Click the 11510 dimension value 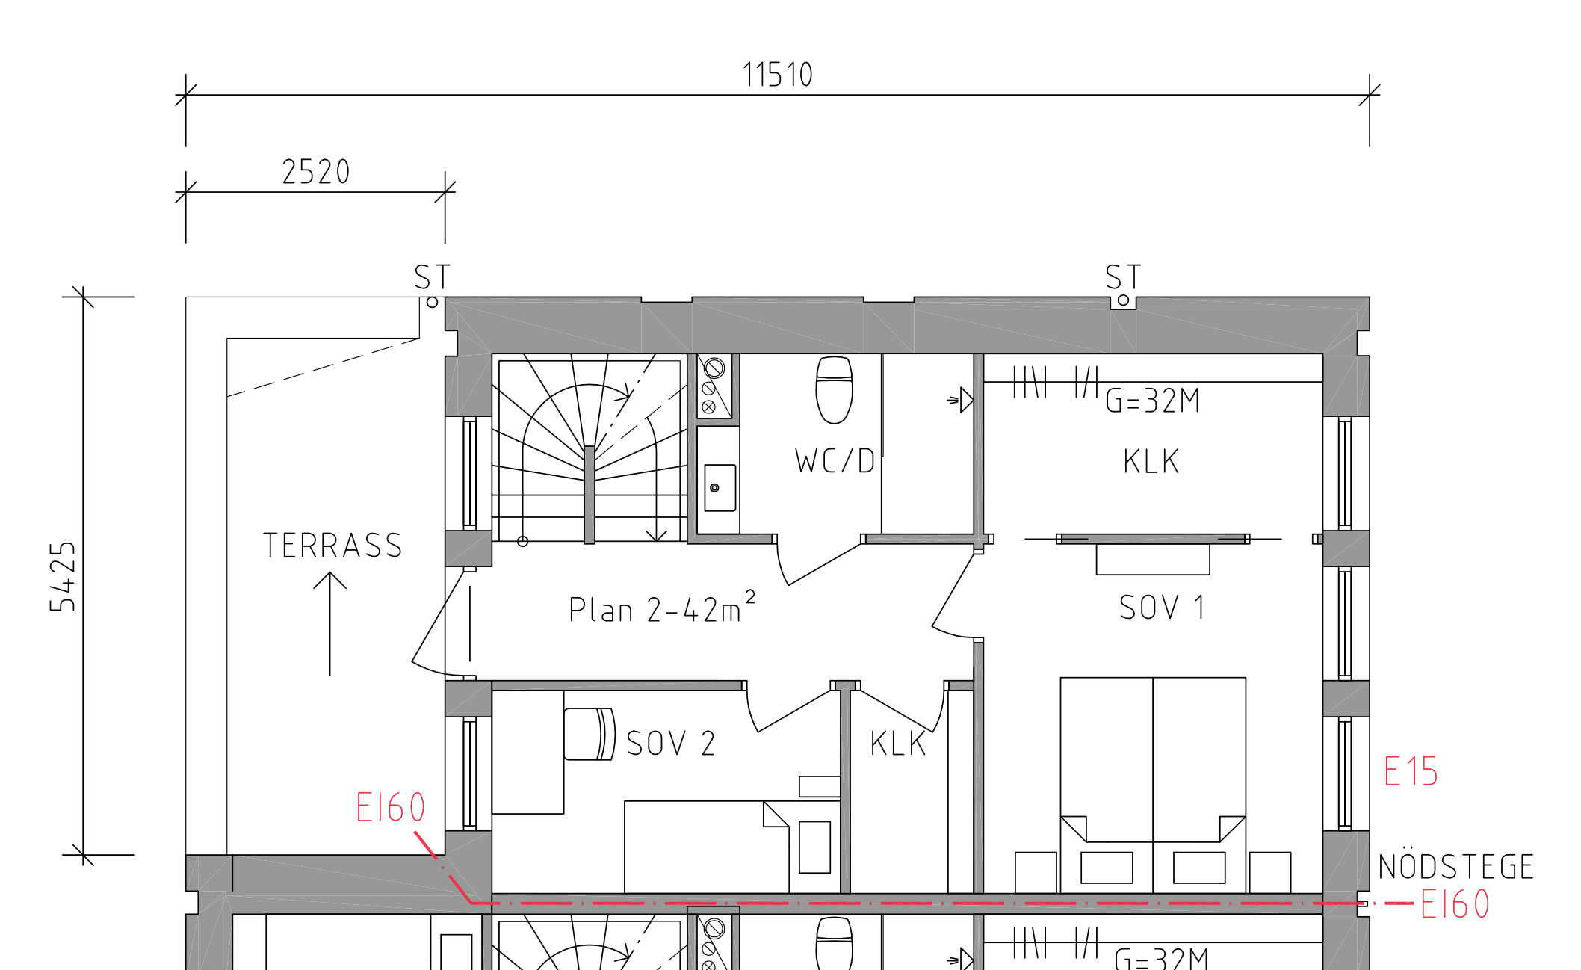(x=778, y=75)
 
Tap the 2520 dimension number (x=316, y=172)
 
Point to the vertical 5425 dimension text (x=63, y=576)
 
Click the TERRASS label (x=332, y=546)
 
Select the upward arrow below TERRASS (x=329, y=623)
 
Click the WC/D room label (x=835, y=461)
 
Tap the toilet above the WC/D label (x=834, y=390)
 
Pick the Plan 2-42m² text (x=662, y=608)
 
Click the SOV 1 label (x=1162, y=608)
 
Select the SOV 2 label (x=671, y=744)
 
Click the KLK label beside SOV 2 (x=898, y=744)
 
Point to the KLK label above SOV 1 (x=1151, y=461)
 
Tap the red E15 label (x=1411, y=771)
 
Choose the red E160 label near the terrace (x=391, y=807)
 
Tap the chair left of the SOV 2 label (x=590, y=734)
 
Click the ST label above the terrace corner (x=433, y=277)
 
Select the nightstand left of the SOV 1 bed (x=1036, y=872)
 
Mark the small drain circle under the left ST (x=432, y=303)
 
